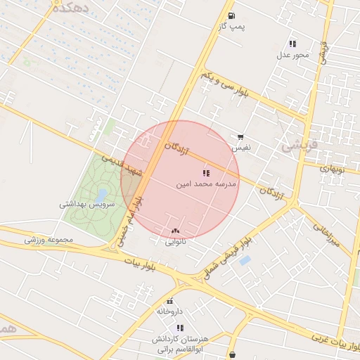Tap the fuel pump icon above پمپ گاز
(x=231, y=15)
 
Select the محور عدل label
(x=292, y=54)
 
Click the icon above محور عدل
(x=292, y=44)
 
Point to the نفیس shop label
(x=240, y=148)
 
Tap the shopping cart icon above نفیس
(x=240, y=138)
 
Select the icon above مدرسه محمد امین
(x=205, y=172)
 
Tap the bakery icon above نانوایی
(x=175, y=231)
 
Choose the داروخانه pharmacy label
(x=169, y=311)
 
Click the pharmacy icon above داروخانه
(x=169, y=301)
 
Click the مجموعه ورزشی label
(x=49, y=240)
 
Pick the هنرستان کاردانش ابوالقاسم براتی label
(x=179, y=344)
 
